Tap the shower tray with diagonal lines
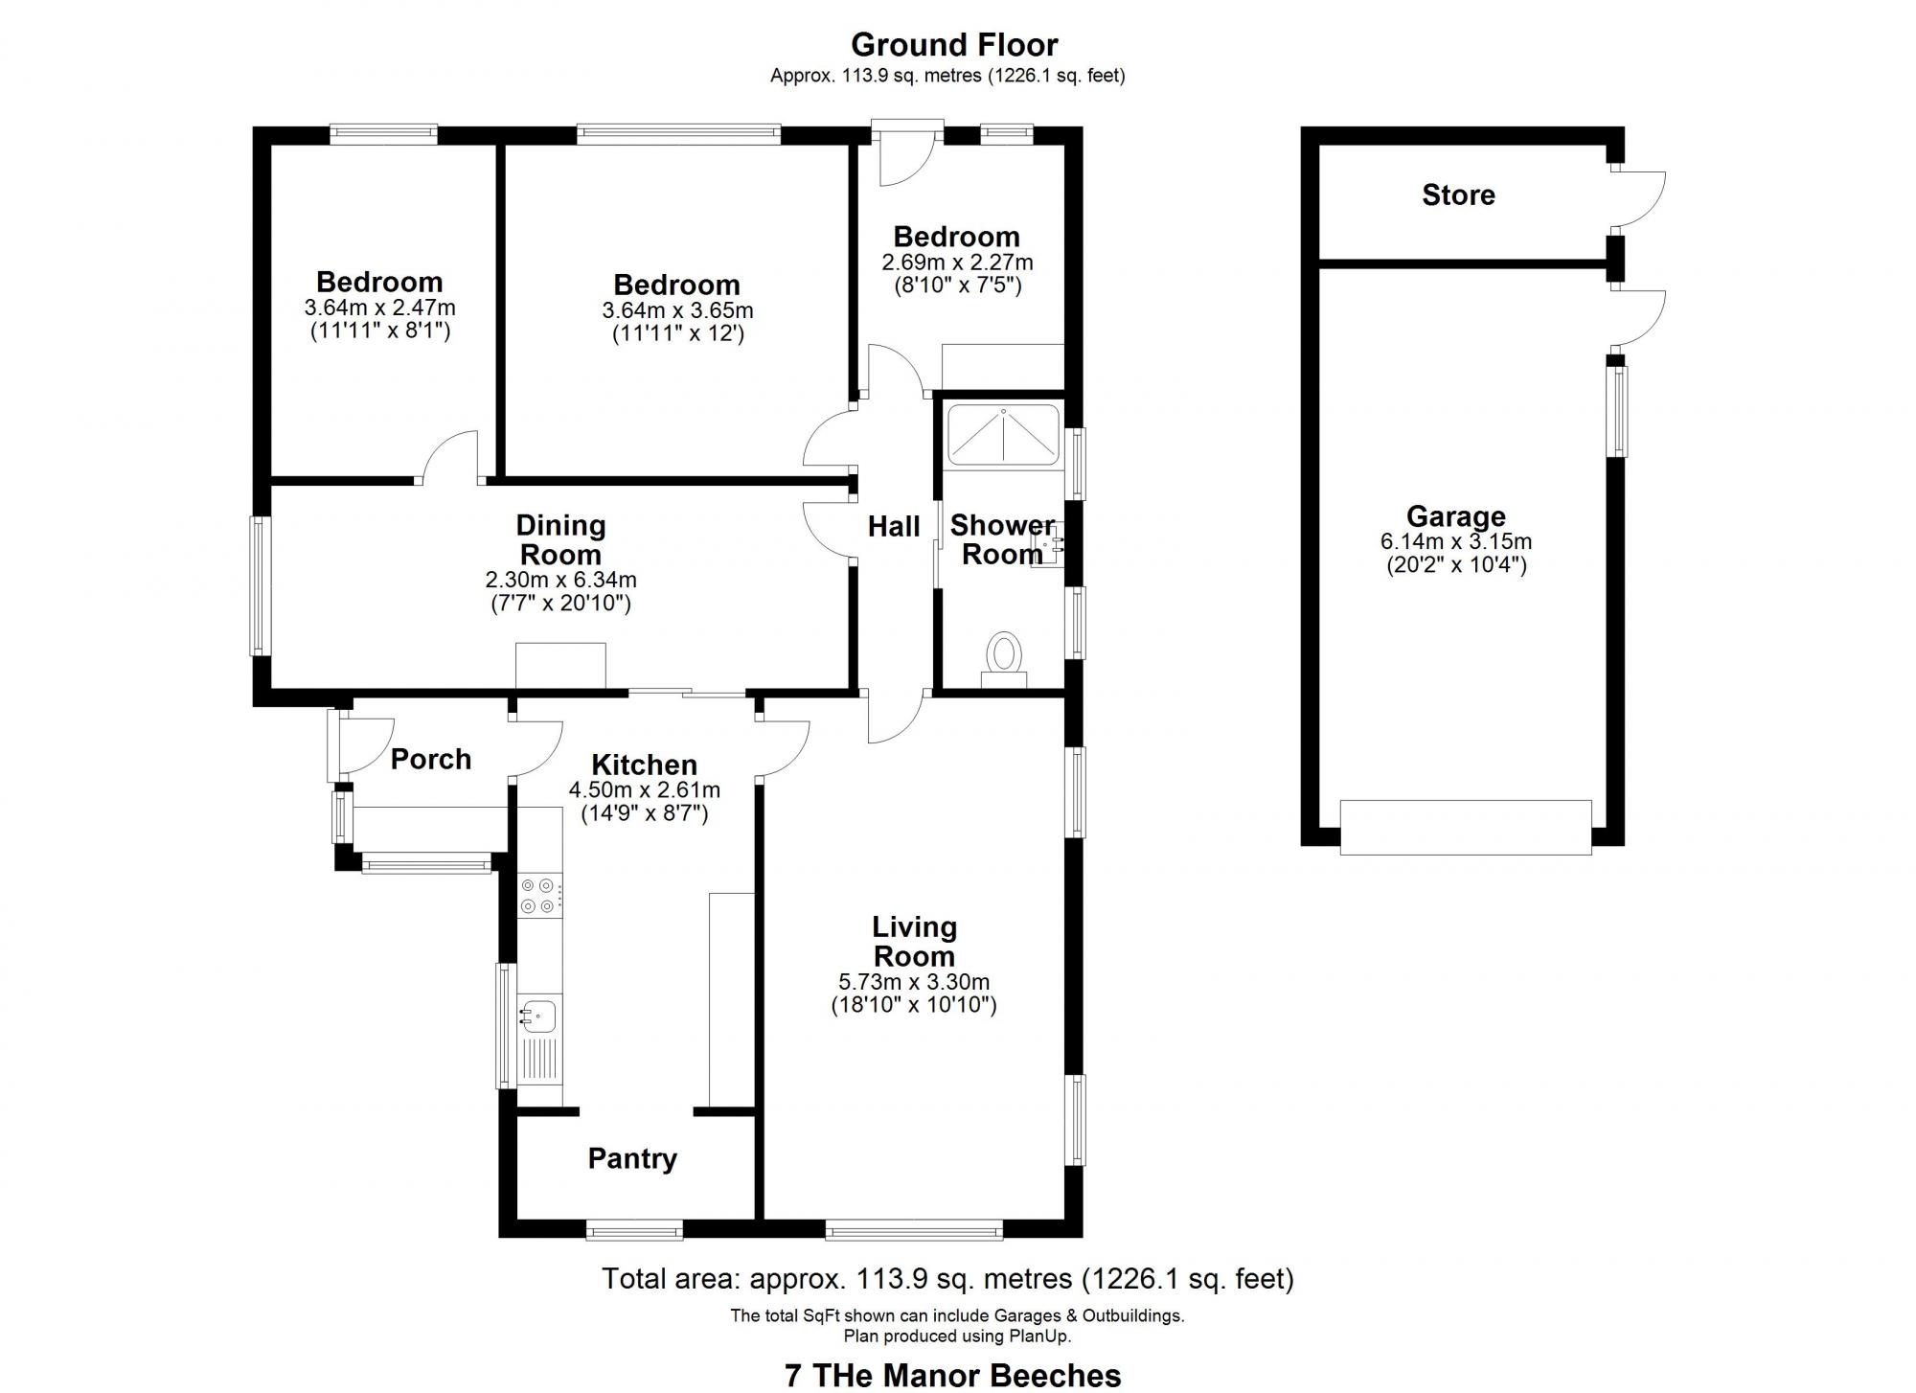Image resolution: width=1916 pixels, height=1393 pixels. (1003, 436)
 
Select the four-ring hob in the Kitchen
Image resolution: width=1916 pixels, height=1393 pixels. (537, 896)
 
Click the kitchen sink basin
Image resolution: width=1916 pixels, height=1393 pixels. (538, 1015)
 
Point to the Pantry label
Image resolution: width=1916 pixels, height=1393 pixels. (632, 1159)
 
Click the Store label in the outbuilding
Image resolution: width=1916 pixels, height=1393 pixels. (1458, 195)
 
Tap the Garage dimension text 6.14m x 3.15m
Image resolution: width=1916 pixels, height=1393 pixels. (1455, 542)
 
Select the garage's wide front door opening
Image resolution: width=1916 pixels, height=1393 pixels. (1465, 828)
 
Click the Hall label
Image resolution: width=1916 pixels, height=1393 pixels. (894, 526)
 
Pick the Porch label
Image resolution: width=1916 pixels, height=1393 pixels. (431, 760)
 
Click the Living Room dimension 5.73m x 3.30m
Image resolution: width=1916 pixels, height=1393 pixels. (914, 982)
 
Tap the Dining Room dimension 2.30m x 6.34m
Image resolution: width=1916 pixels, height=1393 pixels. (560, 581)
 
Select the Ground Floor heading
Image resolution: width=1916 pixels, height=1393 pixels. (954, 45)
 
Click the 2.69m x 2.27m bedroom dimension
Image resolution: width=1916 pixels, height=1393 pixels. (957, 263)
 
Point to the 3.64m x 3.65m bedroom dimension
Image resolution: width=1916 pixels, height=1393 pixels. (677, 311)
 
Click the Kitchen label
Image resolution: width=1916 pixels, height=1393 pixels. (644, 765)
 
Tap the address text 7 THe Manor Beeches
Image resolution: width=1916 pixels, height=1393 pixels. (952, 1376)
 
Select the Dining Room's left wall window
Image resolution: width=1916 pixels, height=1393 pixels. (260, 586)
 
